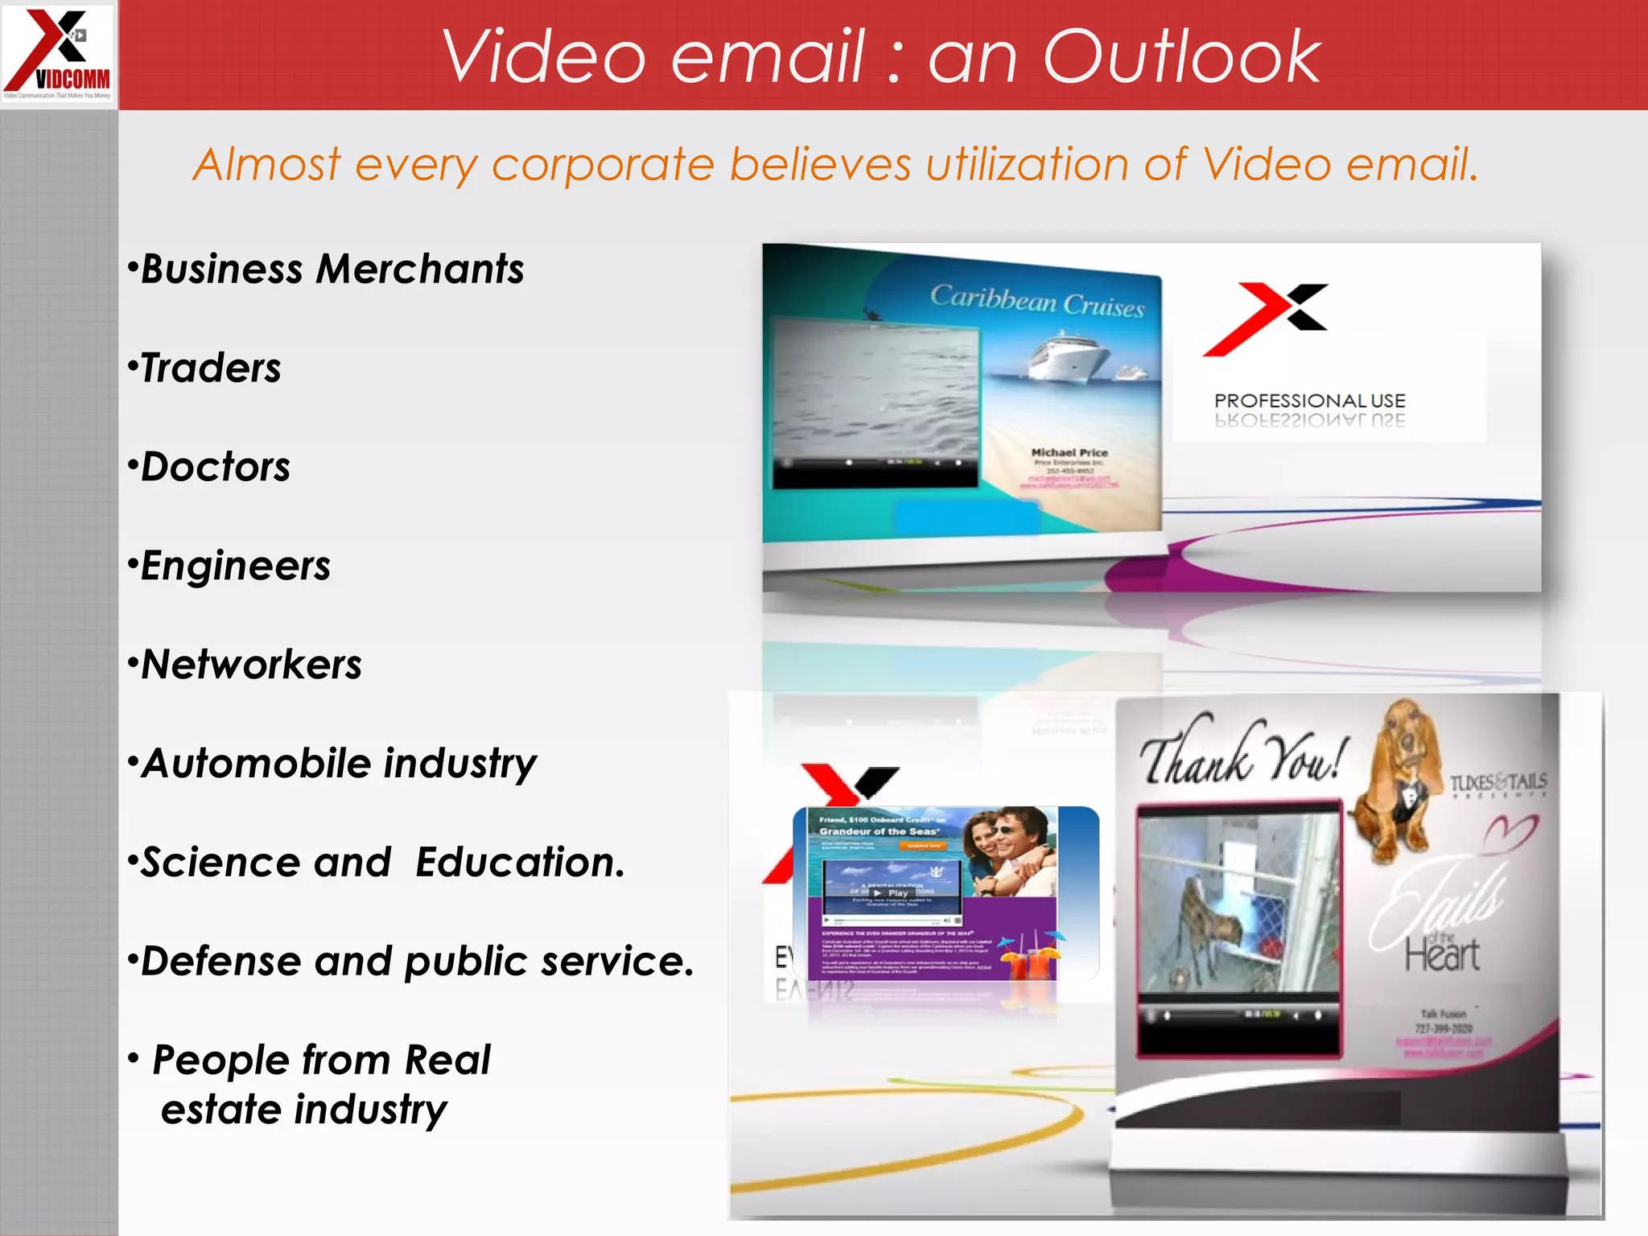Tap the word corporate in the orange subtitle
point(603,165)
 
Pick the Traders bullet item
point(211,369)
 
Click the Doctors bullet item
point(215,468)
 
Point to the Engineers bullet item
point(235,566)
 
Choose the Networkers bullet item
point(251,665)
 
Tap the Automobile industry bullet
point(339,764)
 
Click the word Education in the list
point(519,863)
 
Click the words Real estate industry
point(322,1085)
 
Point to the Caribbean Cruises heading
point(1036,300)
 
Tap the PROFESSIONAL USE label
point(1309,401)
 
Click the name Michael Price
point(1069,453)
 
